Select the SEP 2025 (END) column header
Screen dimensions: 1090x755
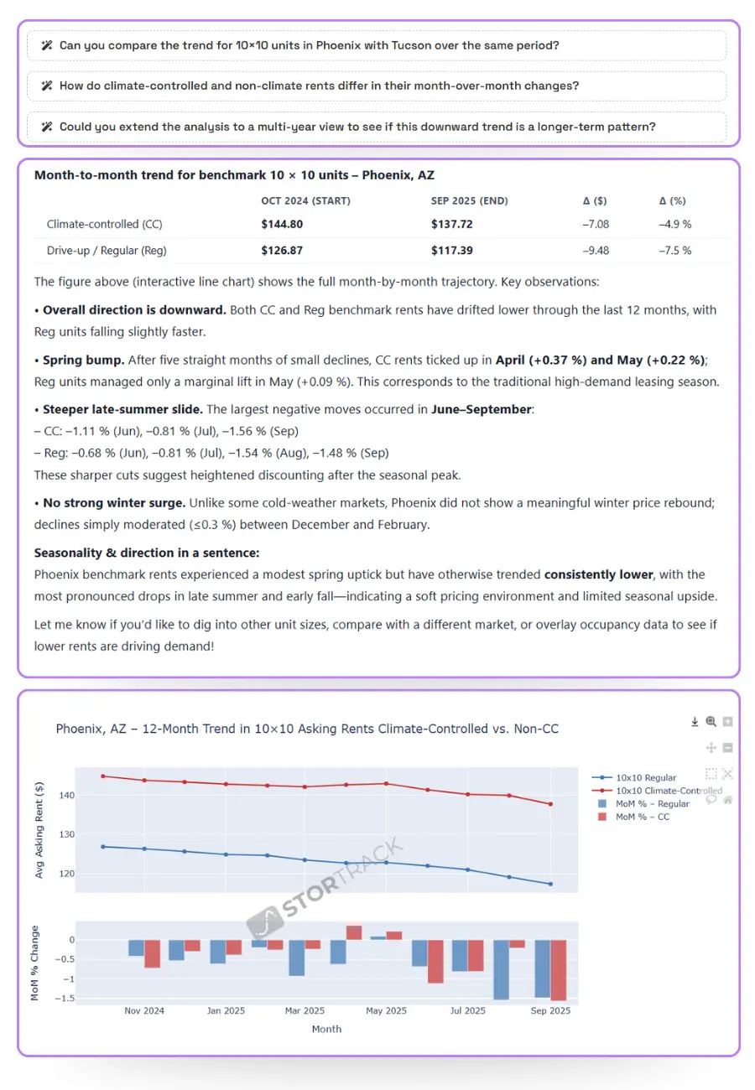469,201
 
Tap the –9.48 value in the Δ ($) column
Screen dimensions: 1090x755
596,251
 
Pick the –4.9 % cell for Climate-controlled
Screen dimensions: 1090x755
674,225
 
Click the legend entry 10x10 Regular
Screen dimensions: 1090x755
646,778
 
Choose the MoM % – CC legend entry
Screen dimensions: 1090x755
643,817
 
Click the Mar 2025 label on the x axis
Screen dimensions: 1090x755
305,1011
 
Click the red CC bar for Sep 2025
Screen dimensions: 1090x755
559,970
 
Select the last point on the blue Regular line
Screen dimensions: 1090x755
550,884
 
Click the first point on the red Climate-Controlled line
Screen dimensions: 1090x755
103,776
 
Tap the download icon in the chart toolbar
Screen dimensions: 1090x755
695,722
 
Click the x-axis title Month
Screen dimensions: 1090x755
326,1029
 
